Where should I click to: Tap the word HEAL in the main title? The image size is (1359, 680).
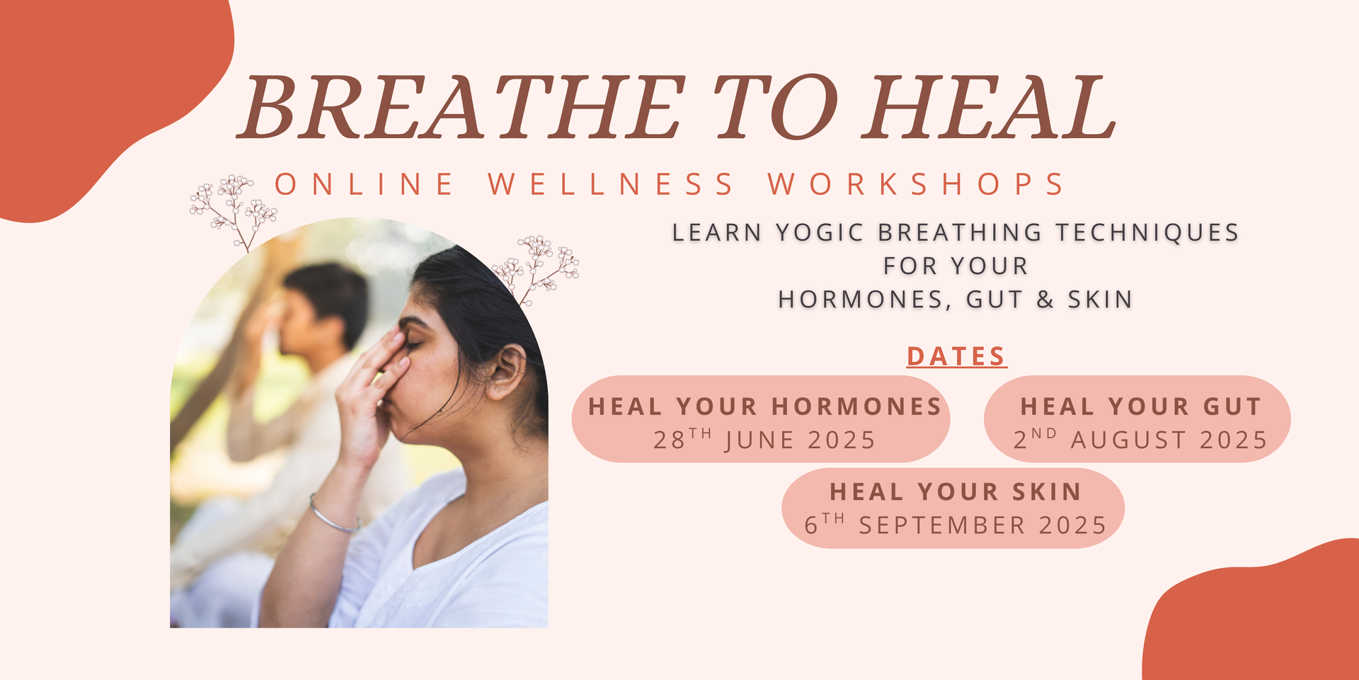(x=989, y=107)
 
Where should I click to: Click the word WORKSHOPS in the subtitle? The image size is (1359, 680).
(x=916, y=184)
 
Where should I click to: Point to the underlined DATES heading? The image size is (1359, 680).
(x=956, y=356)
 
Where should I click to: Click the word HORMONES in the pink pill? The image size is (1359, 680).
(x=856, y=407)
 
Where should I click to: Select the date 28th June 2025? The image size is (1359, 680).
(x=764, y=439)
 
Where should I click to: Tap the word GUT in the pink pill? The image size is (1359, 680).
(x=1232, y=407)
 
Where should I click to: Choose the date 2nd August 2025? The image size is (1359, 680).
(x=1140, y=439)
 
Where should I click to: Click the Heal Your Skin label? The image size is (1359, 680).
(x=956, y=492)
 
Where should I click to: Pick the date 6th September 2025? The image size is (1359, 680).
(x=955, y=525)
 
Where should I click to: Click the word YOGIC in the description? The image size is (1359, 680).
(x=820, y=232)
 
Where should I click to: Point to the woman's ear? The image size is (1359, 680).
(x=507, y=370)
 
